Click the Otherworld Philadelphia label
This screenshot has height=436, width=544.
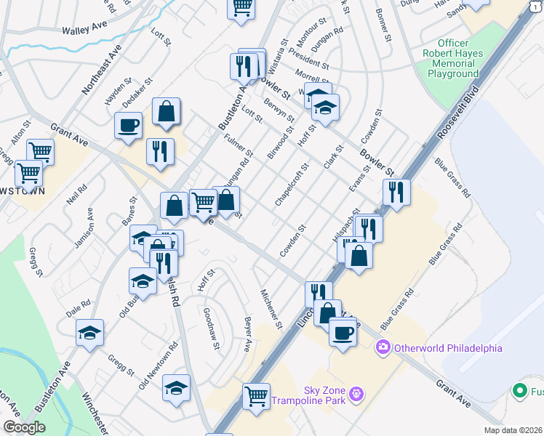(447, 348)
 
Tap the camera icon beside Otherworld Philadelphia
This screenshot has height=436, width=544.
(383, 348)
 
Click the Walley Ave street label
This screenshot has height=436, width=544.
(85, 31)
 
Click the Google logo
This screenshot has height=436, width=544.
(24, 427)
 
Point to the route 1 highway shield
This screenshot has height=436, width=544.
(535, 6)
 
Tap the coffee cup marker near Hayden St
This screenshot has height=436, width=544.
(128, 124)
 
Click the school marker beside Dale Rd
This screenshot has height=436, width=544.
(90, 332)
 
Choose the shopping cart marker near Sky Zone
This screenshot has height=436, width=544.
(256, 396)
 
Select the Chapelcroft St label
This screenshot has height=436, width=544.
(292, 185)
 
